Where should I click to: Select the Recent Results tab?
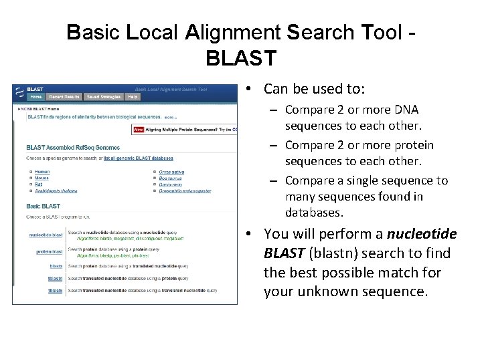tap(65, 97)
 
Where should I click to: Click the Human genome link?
tap(42, 172)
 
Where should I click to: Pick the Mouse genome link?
tap(42, 178)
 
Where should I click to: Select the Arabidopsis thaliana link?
tap(56, 191)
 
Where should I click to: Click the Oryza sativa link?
tap(171, 172)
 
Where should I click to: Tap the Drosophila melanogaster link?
tap(185, 191)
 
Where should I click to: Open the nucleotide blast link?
tap(46, 235)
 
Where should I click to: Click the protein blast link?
tap(49, 252)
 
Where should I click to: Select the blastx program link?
tap(56, 266)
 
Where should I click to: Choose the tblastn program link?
tap(56, 278)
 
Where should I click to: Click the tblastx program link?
tap(56, 291)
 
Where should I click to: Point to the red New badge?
tap(139, 129)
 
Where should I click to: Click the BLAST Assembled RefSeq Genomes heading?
tap(73, 148)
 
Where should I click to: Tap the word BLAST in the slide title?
tap(241, 57)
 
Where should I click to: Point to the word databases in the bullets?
tap(313, 213)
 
